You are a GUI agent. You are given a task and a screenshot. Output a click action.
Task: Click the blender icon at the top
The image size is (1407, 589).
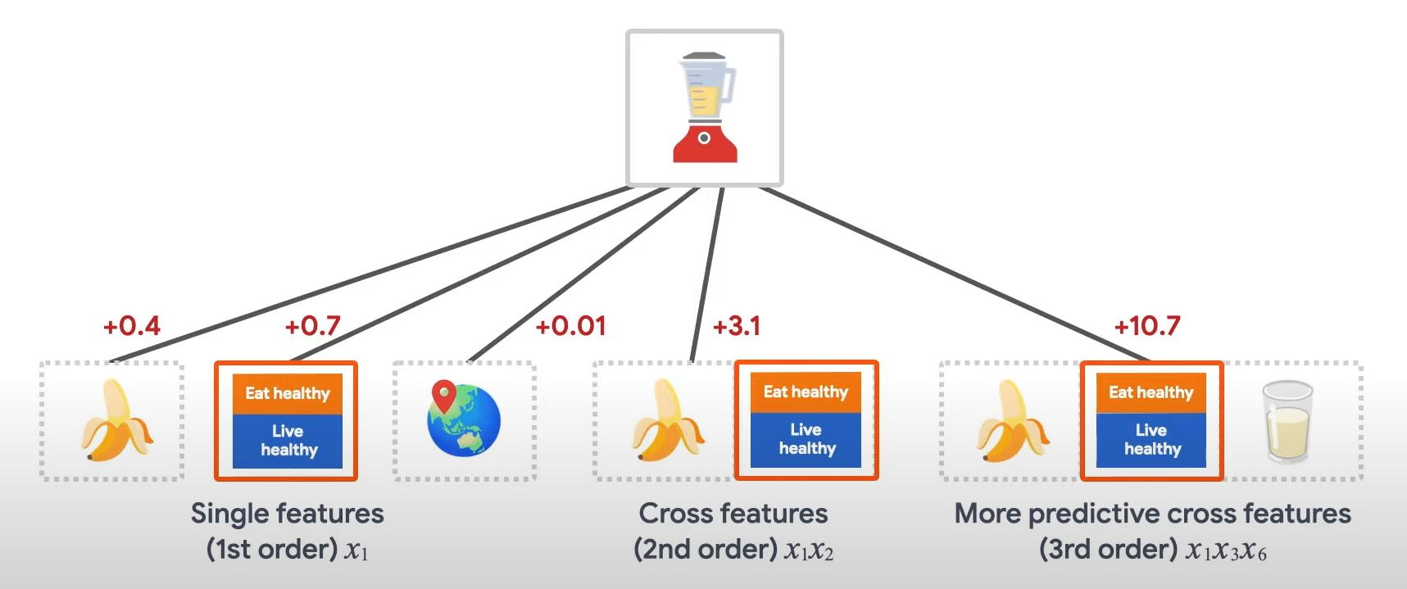click(705, 106)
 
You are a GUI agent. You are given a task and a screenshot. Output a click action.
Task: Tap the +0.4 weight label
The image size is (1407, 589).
click(132, 326)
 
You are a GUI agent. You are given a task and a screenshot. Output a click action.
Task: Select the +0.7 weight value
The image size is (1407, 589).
click(312, 326)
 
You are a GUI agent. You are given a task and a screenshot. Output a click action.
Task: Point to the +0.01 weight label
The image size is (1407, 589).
click(570, 326)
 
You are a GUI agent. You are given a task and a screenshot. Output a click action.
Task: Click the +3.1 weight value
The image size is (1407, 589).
click(737, 326)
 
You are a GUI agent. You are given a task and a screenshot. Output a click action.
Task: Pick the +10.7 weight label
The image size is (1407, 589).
click(1147, 326)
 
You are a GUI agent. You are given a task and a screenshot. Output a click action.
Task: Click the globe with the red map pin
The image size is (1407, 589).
click(464, 419)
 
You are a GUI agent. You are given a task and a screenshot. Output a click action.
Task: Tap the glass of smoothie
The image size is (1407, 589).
click(1287, 422)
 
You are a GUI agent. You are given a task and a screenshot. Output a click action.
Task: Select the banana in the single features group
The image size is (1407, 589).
click(116, 420)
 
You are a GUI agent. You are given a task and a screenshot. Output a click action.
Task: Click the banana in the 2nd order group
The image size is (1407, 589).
click(667, 420)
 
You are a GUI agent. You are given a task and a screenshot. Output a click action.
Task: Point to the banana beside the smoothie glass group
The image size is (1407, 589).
click(1012, 420)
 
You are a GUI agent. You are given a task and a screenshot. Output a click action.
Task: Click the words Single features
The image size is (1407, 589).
click(287, 514)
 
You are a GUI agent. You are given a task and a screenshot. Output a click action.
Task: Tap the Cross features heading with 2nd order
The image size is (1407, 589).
click(733, 514)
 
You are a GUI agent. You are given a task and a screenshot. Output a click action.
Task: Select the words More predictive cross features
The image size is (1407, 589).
click(1152, 514)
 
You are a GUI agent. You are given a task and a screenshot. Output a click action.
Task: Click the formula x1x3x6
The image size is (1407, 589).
click(1226, 550)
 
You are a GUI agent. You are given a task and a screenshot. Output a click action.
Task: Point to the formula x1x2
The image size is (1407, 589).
click(809, 550)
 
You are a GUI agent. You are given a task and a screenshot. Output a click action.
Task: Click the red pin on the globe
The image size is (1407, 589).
click(444, 396)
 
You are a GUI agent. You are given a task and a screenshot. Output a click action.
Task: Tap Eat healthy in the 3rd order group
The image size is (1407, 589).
click(1151, 392)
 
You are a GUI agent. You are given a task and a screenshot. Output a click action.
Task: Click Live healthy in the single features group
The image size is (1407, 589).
click(288, 441)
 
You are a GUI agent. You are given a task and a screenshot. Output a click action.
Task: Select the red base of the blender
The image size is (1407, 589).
click(705, 143)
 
